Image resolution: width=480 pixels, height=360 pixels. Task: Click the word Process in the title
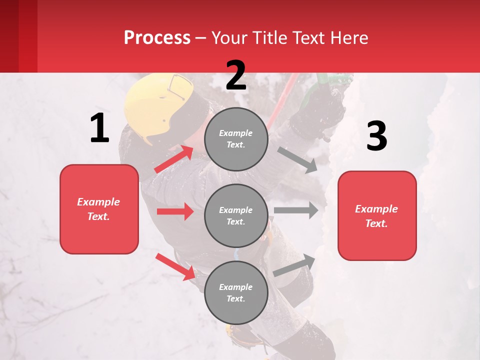(157, 38)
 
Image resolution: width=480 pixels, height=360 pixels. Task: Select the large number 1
(99, 128)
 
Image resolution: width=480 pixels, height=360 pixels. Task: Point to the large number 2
(236, 75)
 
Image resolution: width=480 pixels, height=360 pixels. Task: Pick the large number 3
(376, 136)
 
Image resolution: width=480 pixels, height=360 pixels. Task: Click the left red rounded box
(99, 209)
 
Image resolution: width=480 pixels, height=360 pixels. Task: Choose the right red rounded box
(377, 216)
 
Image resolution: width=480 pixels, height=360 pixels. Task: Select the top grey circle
(236, 139)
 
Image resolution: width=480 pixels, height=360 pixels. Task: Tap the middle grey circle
(236, 215)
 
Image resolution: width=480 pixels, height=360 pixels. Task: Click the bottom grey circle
(236, 292)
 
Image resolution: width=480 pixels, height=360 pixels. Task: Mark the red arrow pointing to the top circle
(174, 159)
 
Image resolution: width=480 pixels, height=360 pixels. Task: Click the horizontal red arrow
(175, 211)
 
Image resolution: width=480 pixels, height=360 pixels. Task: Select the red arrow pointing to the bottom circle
(175, 266)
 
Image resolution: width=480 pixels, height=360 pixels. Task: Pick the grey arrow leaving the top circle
(297, 160)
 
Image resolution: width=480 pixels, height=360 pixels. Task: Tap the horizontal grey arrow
(296, 210)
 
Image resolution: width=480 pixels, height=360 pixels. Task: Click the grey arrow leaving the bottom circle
(294, 265)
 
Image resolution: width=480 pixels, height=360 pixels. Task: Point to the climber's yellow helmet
(155, 102)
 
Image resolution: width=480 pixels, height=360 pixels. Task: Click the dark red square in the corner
(18, 36)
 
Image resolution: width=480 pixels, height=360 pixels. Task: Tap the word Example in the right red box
(376, 209)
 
